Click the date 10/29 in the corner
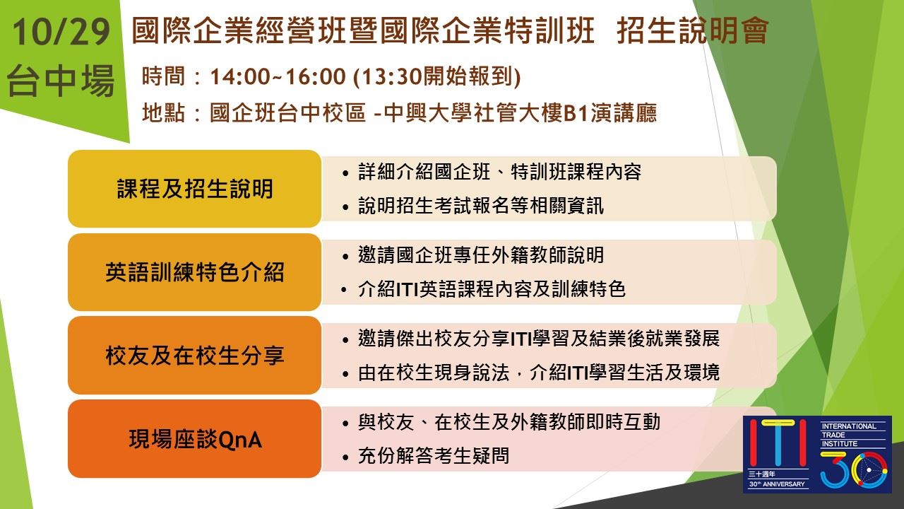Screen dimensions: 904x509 [61, 33]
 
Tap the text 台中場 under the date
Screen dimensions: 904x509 [61, 81]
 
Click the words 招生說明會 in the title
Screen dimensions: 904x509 [693, 30]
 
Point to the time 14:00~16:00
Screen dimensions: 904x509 [278, 76]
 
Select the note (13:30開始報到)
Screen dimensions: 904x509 [436, 76]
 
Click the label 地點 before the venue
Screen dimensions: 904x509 [163, 112]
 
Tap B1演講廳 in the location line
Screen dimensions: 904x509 [610, 112]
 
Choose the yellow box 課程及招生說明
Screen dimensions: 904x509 [194, 189]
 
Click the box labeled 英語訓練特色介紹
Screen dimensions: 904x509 [194, 272]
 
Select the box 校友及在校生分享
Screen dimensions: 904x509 [194, 356]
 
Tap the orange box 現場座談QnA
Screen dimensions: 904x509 [194, 439]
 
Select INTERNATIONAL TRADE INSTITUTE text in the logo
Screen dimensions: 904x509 [849, 435]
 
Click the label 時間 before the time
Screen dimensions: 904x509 [163, 76]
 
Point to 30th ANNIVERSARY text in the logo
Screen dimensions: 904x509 [777, 484]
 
